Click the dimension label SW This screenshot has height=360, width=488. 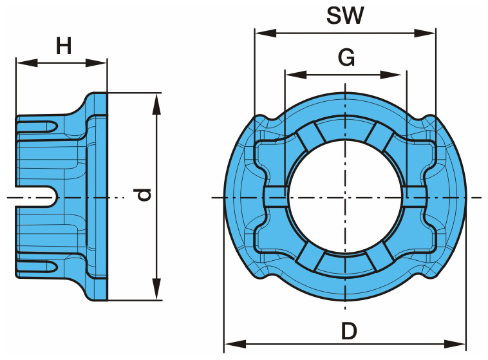click(x=345, y=15)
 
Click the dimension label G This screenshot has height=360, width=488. click(x=346, y=58)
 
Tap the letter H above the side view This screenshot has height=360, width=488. click(x=63, y=46)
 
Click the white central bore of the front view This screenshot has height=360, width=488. click(x=345, y=196)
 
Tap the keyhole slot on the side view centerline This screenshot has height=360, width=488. click(x=45, y=196)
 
